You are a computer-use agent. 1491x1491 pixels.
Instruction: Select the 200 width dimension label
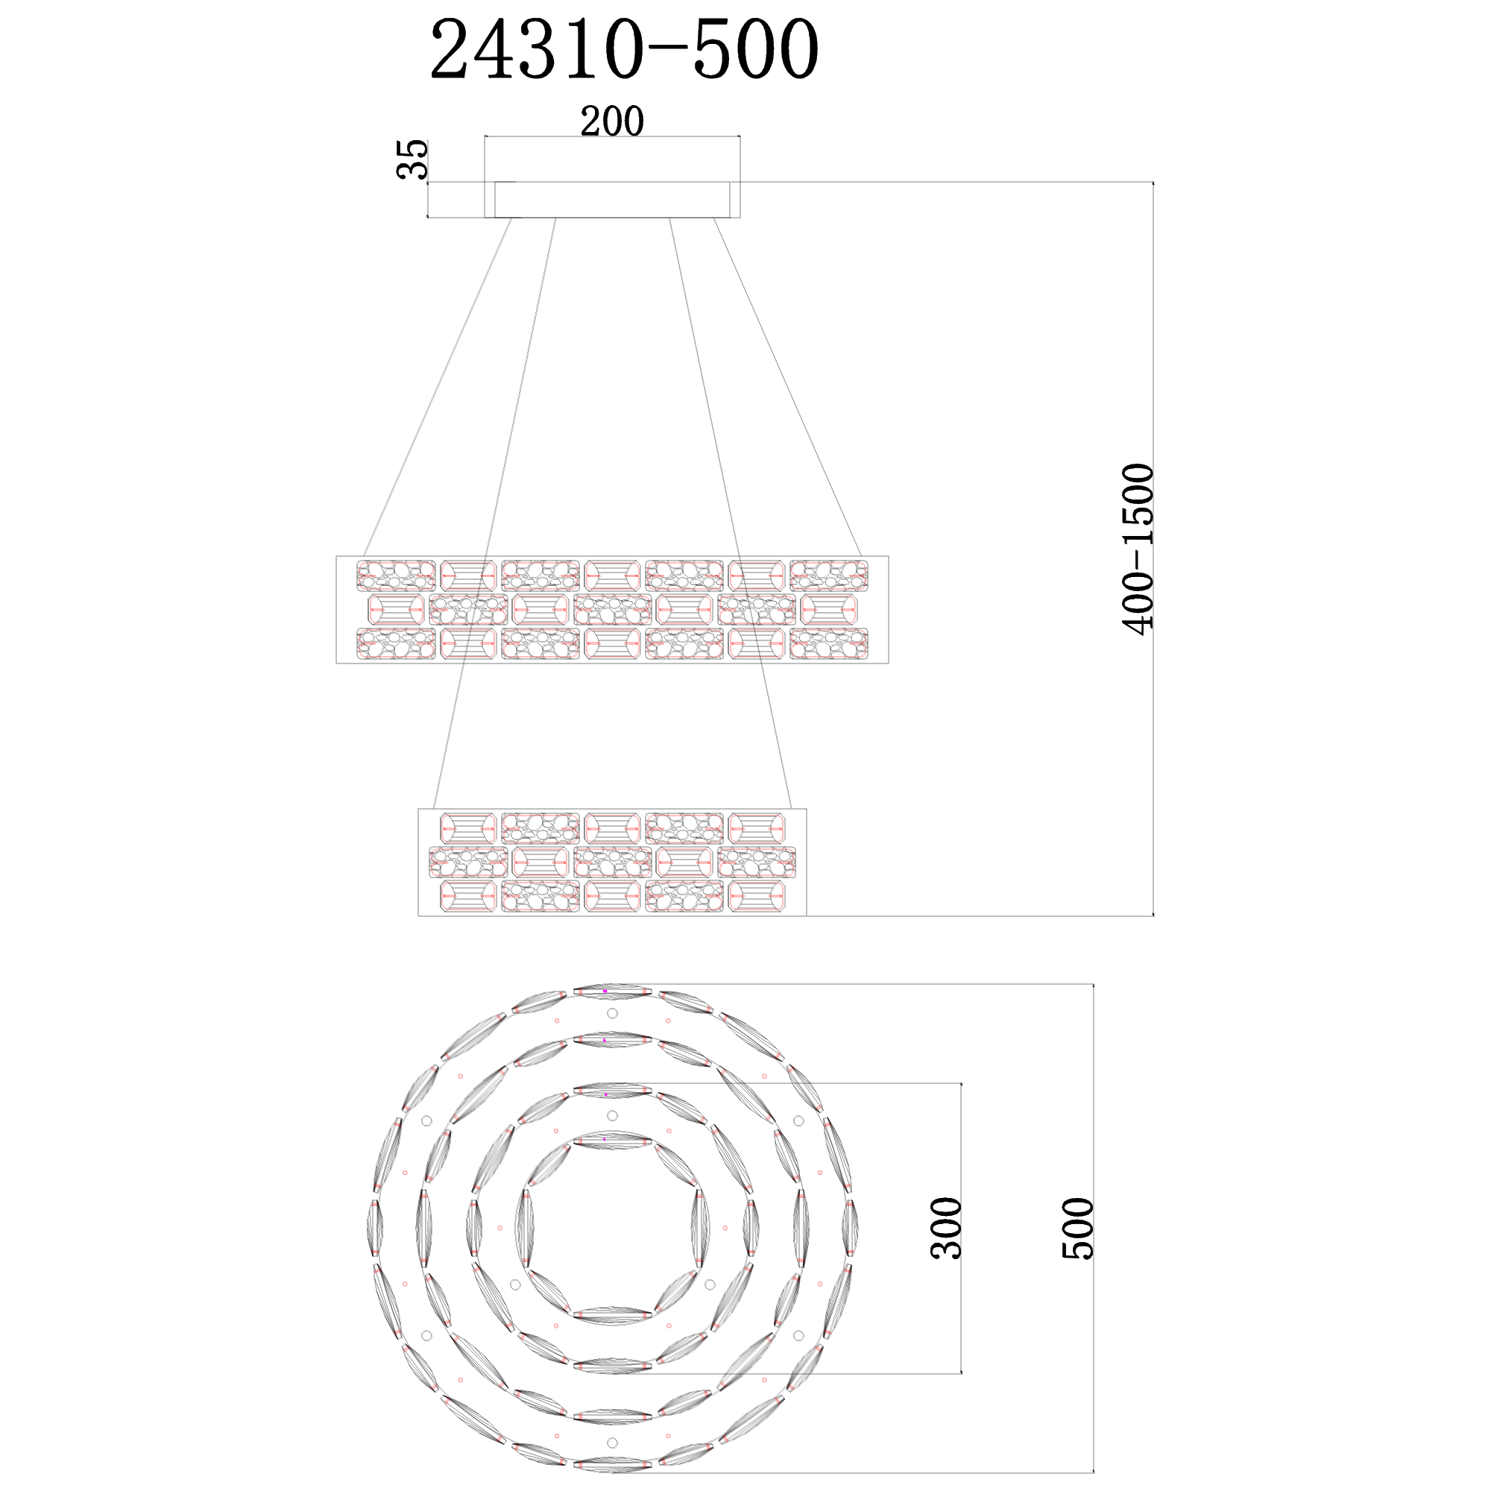612,122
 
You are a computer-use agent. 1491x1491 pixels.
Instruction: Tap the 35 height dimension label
412,159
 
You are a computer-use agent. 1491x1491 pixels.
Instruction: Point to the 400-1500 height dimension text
1138,549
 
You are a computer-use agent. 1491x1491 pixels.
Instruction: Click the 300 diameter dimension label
947,1229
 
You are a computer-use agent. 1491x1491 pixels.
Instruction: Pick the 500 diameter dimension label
1078,1229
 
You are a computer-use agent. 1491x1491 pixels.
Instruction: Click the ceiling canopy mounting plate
612,200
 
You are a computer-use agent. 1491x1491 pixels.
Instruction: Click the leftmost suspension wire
438,388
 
